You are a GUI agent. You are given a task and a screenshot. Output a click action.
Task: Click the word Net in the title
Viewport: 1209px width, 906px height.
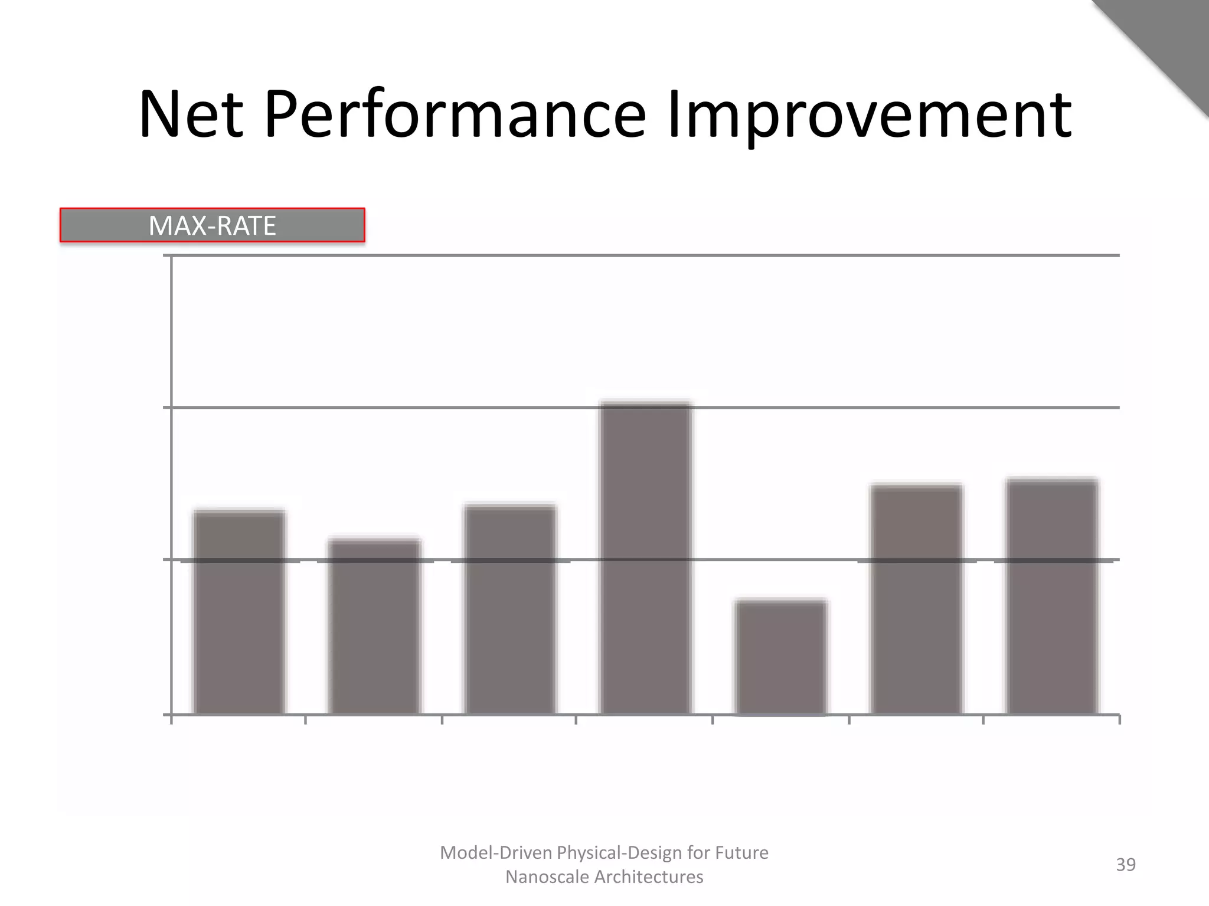191,114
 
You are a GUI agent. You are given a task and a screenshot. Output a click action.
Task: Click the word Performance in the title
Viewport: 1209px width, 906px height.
455,114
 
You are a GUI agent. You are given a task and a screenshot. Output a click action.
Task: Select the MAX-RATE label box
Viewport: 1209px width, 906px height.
213,225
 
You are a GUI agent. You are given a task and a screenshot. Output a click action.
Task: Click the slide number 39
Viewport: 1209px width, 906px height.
1125,865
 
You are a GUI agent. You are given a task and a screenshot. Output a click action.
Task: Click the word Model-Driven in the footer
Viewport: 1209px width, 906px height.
495,853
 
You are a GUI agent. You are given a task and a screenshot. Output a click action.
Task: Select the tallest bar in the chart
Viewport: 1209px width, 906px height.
645,558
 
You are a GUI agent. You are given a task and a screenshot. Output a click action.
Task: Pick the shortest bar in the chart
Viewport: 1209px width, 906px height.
780,657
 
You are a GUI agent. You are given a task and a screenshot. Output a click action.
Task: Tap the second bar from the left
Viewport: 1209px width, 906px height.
374,626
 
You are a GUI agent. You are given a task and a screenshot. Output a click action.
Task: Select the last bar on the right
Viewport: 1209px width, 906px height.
1052,597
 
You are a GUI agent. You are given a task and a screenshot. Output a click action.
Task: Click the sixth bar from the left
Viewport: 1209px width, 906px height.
916,599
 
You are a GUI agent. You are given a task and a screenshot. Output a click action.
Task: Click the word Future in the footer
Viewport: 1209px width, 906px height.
741,853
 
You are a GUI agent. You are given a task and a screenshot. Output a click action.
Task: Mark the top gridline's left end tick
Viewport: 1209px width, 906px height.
168,255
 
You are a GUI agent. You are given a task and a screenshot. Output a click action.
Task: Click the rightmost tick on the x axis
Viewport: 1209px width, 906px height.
1119,719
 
